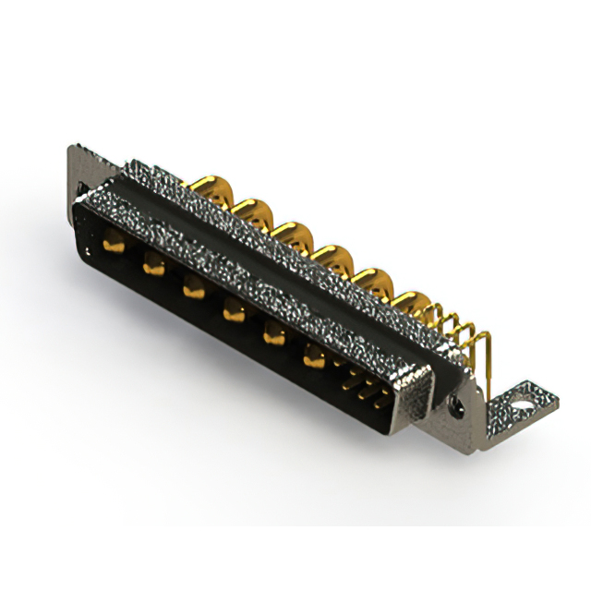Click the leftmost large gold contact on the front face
pyautogui.click(x=114, y=245)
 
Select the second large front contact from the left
pyautogui.click(x=153, y=266)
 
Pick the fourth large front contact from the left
pyautogui.click(x=233, y=312)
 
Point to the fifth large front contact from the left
pyautogui.click(x=273, y=335)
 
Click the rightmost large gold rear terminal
pyautogui.click(x=410, y=303)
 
